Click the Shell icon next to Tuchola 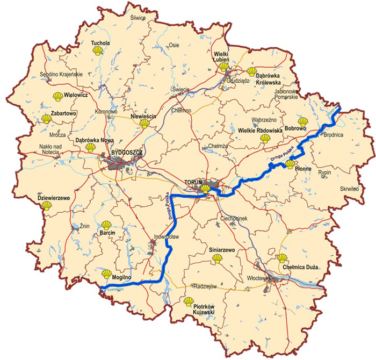coord(97,51)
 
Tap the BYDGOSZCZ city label coord(126,153)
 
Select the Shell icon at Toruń coord(206,189)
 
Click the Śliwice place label coord(139,17)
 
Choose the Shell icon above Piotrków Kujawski coord(189,302)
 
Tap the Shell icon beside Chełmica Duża coord(283,258)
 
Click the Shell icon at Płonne coord(290,164)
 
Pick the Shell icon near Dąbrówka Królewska coord(252,71)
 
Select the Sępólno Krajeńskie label coord(61,74)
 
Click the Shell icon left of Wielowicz coord(57,96)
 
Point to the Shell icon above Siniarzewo coord(218,258)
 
